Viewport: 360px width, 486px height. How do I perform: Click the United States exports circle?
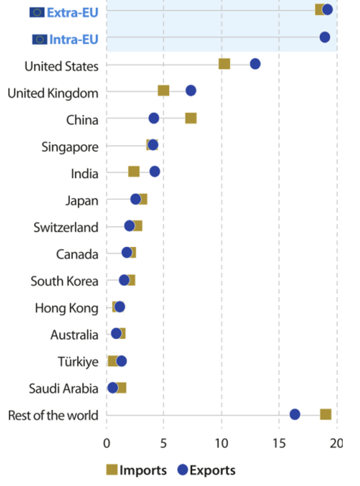pos(255,64)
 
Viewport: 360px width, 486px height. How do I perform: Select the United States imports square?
pos(224,64)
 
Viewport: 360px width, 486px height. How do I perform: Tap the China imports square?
pos(191,118)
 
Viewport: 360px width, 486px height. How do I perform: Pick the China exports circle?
pos(154,118)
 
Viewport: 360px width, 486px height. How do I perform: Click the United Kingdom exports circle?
pos(191,91)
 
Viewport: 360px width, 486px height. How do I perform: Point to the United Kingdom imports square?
pos(163,91)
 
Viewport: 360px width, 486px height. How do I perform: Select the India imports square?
pos(134,172)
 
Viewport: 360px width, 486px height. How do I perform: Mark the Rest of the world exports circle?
pos(295,414)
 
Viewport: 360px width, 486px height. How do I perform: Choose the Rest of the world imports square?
pos(325,414)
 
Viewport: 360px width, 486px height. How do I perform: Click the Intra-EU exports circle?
pos(325,37)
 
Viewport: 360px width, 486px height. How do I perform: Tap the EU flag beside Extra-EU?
pos(37,12)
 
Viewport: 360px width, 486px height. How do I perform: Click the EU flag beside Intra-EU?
pos(39,39)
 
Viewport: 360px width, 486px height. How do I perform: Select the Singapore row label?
pos(70,147)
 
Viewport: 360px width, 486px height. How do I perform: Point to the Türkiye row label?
pos(78,361)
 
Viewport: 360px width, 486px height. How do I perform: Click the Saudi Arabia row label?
pos(64,388)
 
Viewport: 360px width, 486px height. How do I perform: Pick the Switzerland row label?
pos(66,227)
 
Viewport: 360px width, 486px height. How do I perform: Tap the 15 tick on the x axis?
pos(279,444)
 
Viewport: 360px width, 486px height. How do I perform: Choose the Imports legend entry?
pos(136,470)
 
